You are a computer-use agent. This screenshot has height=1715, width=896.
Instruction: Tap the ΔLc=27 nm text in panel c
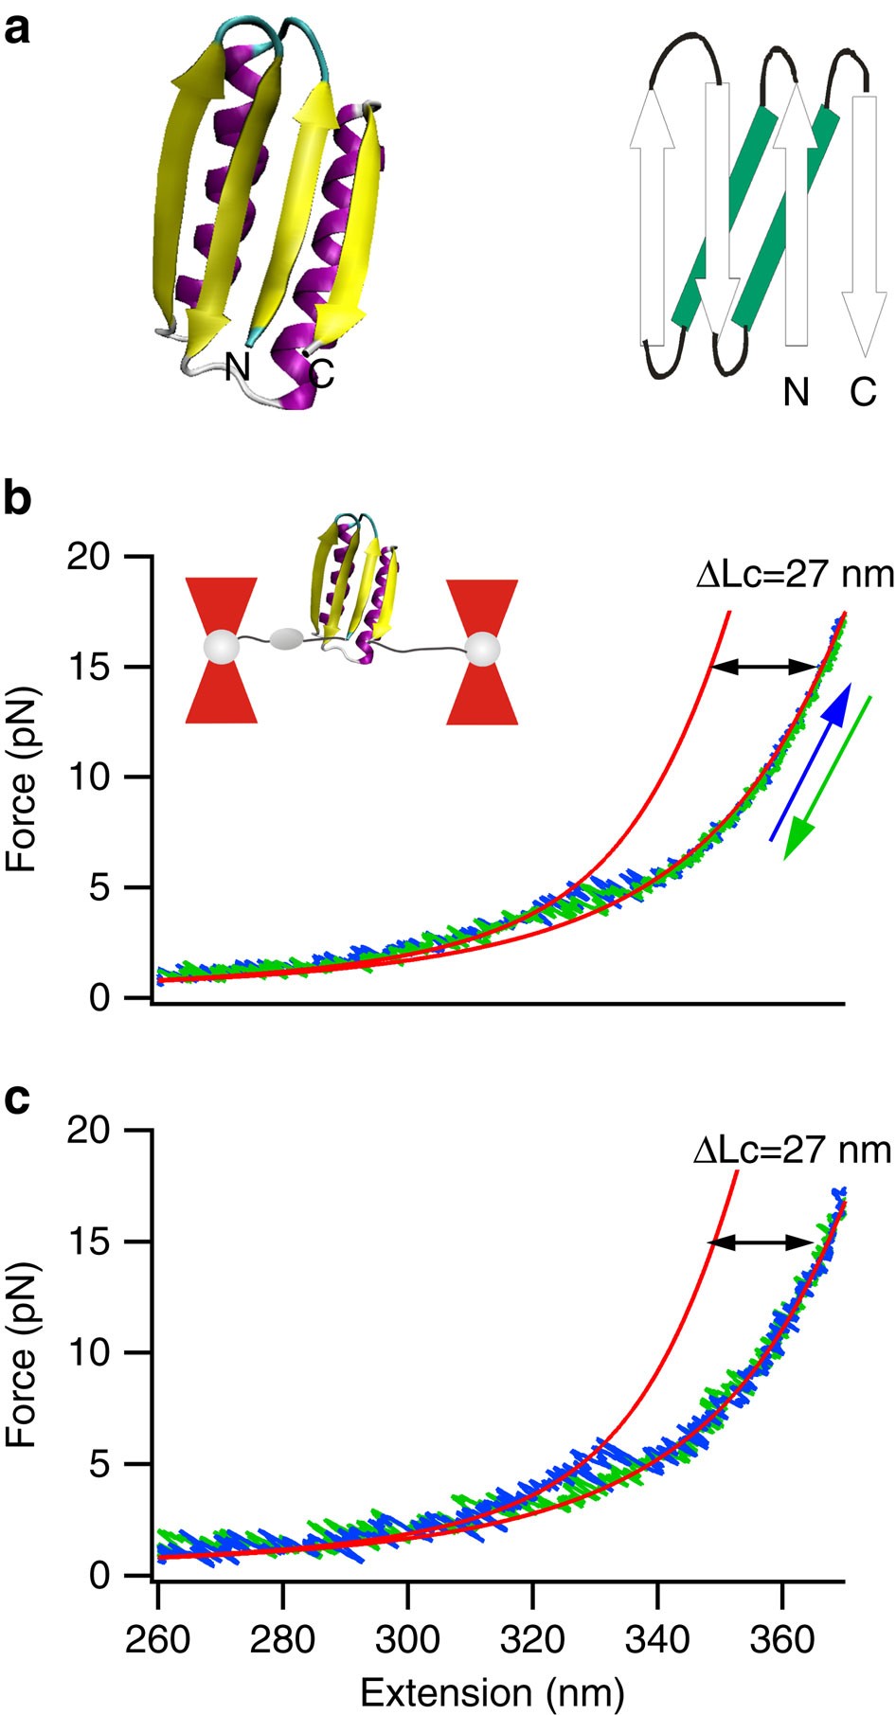pyautogui.click(x=792, y=1150)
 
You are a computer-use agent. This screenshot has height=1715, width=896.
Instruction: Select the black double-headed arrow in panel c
pyautogui.click(x=762, y=1242)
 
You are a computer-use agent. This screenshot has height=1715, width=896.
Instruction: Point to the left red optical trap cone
pyautogui.click(x=221, y=651)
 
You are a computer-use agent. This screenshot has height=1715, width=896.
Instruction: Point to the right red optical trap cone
pyautogui.click(x=482, y=652)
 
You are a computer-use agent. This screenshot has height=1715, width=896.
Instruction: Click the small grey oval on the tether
pyautogui.click(x=284, y=640)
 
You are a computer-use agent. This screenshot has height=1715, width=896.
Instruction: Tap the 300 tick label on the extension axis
pyautogui.click(x=407, y=1639)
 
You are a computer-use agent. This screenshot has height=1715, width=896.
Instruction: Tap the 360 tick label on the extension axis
pyautogui.click(x=781, y=1639)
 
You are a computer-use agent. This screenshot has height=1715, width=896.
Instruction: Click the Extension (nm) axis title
pyautogui.click(x=493, y=1691)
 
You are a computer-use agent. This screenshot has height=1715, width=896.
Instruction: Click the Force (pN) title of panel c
pyautogui.click(x=21, y=1354)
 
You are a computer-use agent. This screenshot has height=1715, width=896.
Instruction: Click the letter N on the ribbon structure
pyautogui.click(x=237, y=365)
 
